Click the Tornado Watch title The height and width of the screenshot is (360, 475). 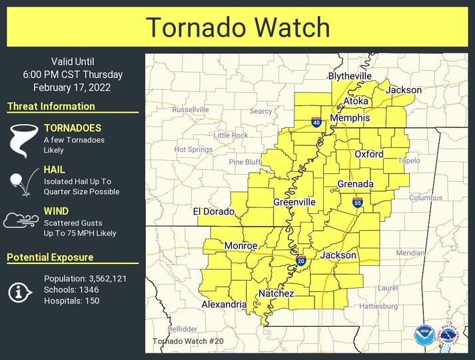(238, 27)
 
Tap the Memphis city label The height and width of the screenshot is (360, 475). (350, 118)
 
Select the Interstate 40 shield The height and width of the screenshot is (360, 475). (316, 122)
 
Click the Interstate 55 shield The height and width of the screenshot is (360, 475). (358, 202)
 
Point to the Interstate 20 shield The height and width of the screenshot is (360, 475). (301, 259)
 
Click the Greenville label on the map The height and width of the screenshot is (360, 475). (294, 202)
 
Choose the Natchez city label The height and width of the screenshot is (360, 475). (272, 293)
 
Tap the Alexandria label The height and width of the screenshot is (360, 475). (224, 305)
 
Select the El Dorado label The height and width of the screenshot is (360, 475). (214, 212)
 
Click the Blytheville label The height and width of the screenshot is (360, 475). (350, 77)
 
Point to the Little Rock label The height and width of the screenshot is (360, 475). (231, 135)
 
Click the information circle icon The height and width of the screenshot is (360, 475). (21, 291)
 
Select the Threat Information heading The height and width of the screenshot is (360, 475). (51, 106)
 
